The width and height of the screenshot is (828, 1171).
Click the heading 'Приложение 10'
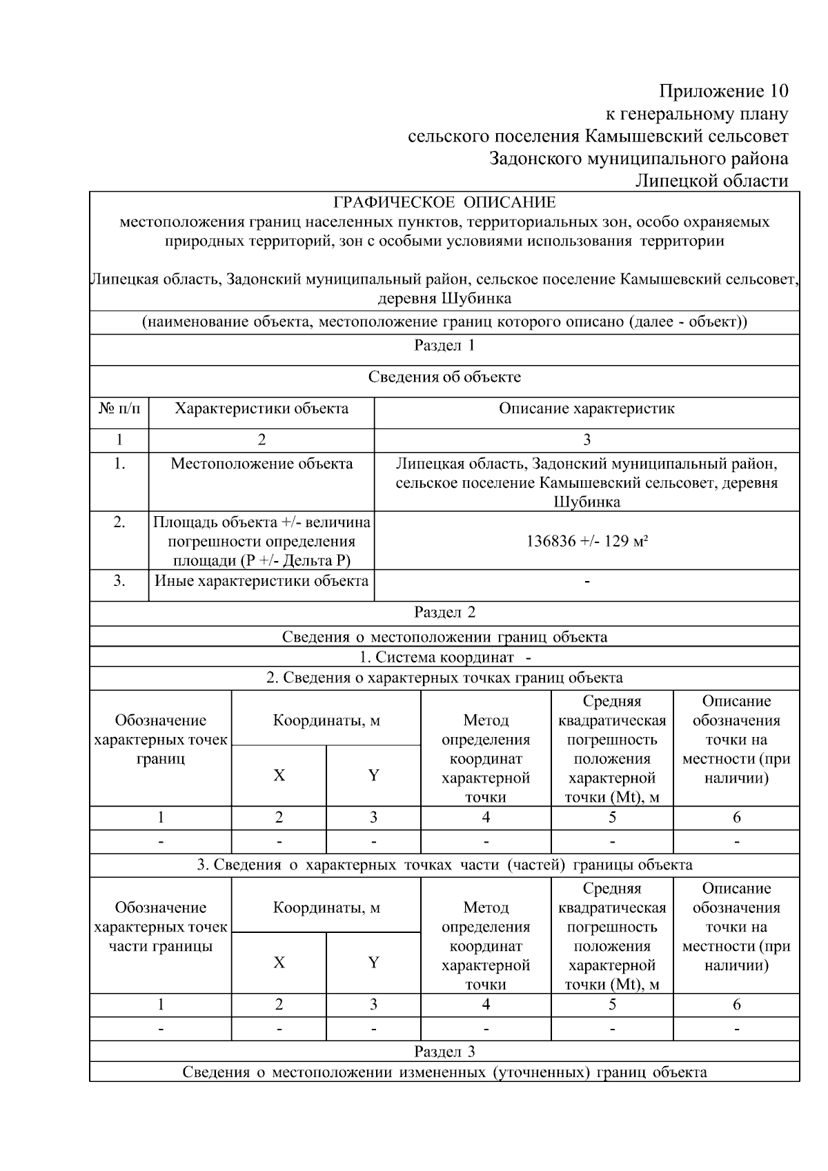723,91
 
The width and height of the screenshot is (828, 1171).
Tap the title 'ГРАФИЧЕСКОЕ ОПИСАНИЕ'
444,203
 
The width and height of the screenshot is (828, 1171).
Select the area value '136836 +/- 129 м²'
586,541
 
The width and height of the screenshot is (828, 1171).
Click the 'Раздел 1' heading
444,346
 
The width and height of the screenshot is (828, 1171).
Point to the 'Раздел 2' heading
444,612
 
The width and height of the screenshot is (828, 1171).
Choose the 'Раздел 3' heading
444,1052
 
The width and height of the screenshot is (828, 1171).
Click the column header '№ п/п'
119,409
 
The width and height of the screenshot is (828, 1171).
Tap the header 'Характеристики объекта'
262,409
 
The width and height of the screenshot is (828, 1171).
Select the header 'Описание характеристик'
586,409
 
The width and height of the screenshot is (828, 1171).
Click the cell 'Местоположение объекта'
262,464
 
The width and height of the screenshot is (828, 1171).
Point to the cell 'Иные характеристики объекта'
262,581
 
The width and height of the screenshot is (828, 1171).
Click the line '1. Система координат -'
444,657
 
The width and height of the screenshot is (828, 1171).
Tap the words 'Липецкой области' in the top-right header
711,181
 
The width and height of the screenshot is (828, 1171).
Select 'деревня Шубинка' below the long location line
444,299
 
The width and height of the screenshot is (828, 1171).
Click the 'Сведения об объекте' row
444,377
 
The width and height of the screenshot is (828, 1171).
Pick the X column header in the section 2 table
279,776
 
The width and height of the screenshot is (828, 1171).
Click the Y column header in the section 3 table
373,963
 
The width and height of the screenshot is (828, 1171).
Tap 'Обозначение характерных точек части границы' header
161,927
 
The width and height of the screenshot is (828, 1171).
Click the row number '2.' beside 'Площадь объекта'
119,522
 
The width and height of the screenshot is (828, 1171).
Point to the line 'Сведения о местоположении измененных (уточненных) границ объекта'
444,1072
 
